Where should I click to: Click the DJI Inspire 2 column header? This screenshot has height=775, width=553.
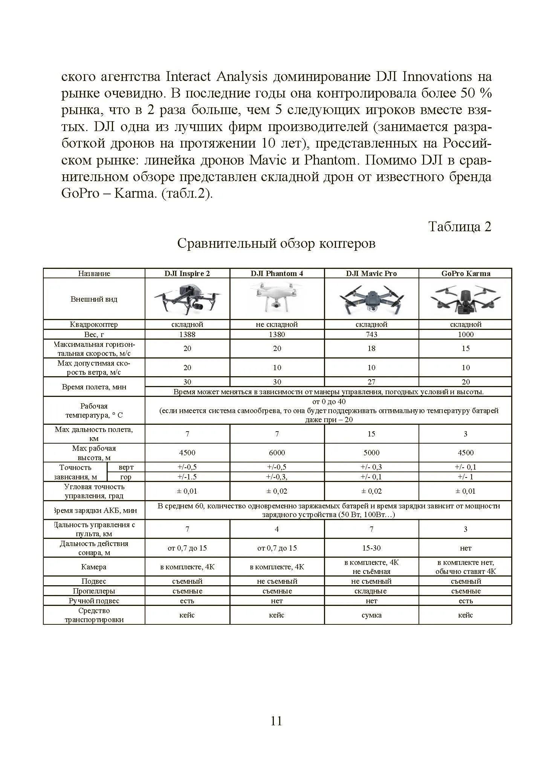pyautogui.click(x=187, y=273)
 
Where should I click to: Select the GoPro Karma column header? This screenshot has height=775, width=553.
pyautogui.click(x=466, y=273)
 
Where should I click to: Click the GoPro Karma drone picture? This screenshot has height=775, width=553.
pyautogui.click(x=466, y=299)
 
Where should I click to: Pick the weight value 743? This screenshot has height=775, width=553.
pyautogui.click(x=371, y=334)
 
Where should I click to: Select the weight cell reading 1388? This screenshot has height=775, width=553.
pyautogui.click(x=187, y=334)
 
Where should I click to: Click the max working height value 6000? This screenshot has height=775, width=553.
pyautogui.click(x=277, y=453)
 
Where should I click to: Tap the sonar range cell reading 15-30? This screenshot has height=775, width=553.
pyautogui.click(x=371, y=548)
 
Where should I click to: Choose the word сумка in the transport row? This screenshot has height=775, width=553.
pyautogui.click(x=371, y=615)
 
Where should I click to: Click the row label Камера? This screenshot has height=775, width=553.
pyautogui.click(x=94, y=567)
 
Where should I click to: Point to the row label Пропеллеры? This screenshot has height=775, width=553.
pyautogui.click(x=94, y=591)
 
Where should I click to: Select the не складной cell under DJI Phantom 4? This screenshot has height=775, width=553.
pyautogui.click(x=277, y=324)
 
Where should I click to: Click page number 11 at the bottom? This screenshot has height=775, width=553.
pyautogui.click(x=276, y=721)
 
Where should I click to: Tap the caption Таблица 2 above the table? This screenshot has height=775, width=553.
pyautogui.click(x=460, y=227)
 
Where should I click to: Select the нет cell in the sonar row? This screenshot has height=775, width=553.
pyautogui.click(x=466, y=548)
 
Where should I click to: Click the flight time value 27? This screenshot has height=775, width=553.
pyautogui.click(x=371, y=382)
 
